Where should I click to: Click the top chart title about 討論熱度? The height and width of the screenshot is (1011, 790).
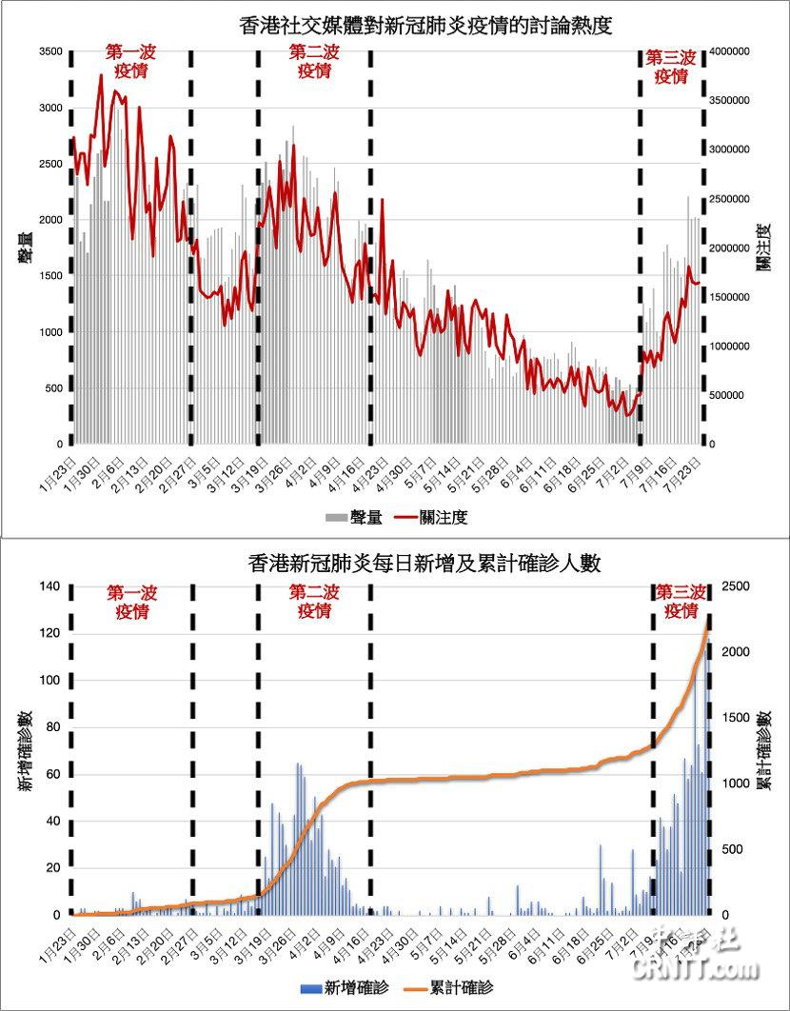coord(412,27)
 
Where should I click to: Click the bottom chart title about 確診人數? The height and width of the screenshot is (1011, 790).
coord(411,564)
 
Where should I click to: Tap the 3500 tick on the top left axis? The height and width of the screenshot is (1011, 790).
coord(50,51)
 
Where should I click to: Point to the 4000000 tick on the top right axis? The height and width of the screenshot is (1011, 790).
coord(732,51)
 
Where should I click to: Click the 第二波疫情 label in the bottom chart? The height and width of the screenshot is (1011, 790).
coord(314,602)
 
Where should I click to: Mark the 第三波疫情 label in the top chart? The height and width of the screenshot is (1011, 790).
coord(671,67)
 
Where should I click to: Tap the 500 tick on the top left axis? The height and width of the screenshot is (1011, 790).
coord(54,388)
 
